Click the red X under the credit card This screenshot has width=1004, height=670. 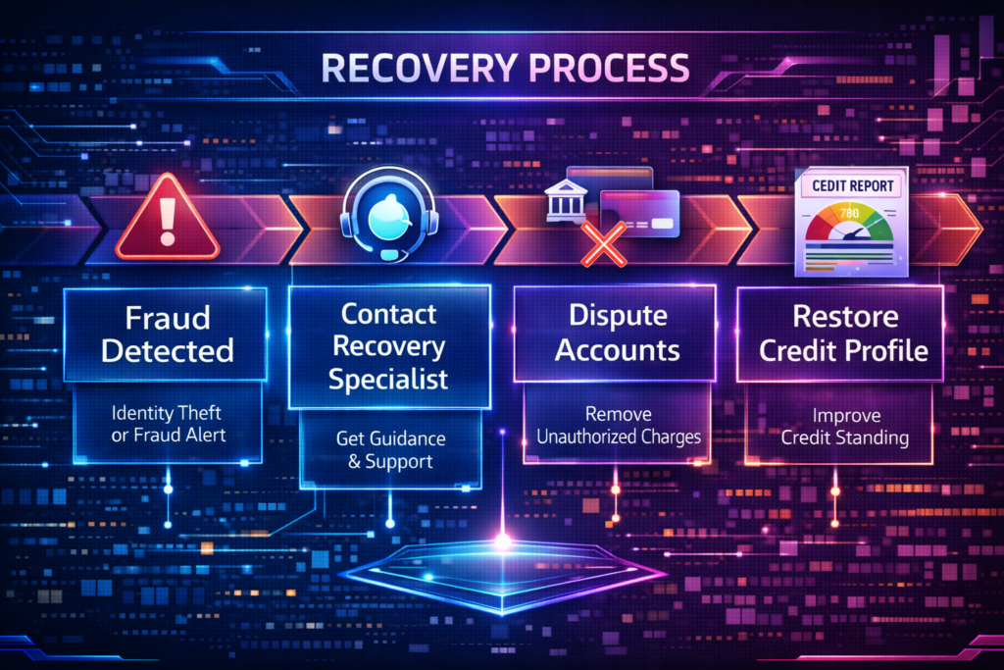point(604,242)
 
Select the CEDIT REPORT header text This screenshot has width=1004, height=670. point(849,183)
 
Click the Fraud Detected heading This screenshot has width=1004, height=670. point(169,335)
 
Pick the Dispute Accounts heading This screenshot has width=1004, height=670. point(619,335)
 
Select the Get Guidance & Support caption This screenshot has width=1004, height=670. point(389,448)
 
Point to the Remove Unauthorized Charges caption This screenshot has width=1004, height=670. point(619,425)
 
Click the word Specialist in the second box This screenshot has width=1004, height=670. point(389,379)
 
